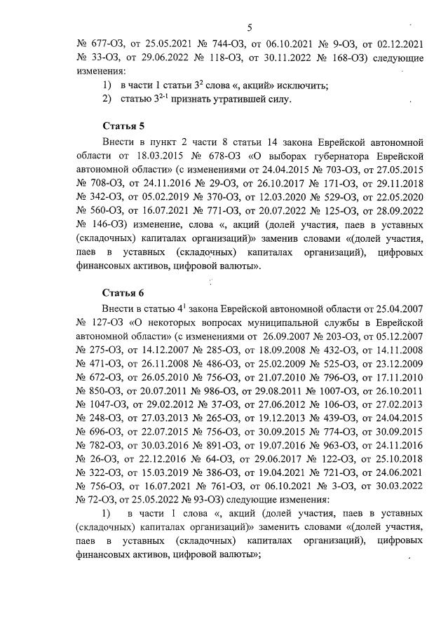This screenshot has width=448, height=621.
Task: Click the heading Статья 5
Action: tap(123, 127)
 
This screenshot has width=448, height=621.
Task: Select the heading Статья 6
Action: tap(123, 292)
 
